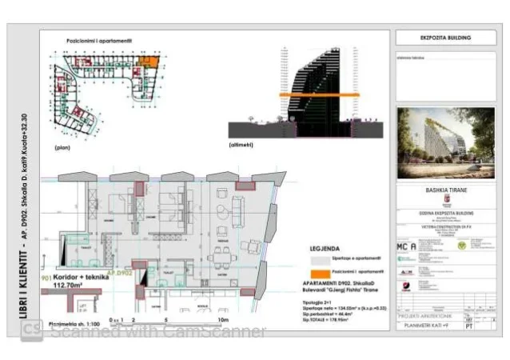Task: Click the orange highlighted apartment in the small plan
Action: (x=148, y=60)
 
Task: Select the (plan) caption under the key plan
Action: (x=63, y=148)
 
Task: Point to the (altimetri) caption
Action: (x=241, y=145)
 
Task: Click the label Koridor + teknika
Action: (x=81, y=274)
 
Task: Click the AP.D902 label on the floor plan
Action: (x=119, y=273)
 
